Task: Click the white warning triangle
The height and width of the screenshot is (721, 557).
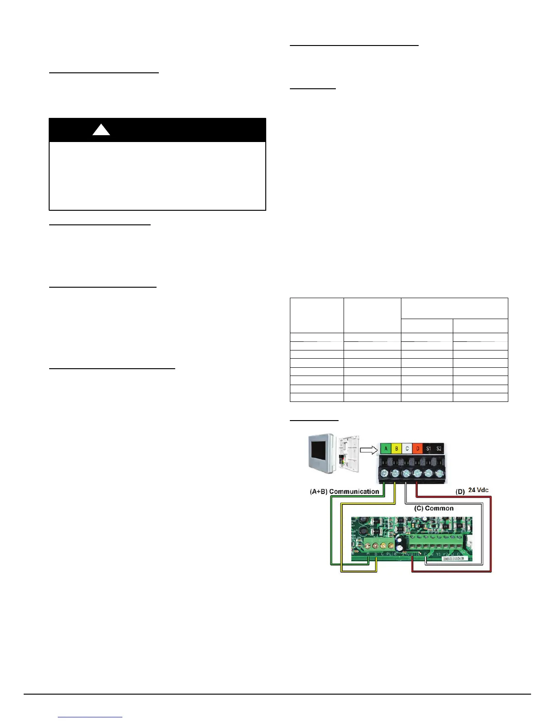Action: tap(101, 130)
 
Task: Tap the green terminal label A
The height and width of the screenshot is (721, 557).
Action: tap(386, 449)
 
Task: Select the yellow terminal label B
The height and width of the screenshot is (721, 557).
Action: tap(396, 449)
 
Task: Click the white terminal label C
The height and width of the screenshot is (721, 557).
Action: tap(407, 449)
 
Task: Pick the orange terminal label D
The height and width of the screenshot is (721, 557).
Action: tap(418, 449)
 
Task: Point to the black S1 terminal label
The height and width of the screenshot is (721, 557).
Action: tap(428, 449)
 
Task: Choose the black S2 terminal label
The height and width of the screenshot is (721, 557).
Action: tap(439, 449)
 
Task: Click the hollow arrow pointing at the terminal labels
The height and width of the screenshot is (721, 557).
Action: tap(368, 450)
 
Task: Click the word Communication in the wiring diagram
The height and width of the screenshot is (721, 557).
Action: tap(354, 492)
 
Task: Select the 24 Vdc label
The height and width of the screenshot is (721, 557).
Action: tap(479, 490)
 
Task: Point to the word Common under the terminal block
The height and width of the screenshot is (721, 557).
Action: tap(439, 508)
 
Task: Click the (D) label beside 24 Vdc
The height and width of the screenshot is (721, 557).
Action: tap(460, 491)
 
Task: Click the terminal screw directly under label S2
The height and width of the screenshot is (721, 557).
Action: tap(439, 473)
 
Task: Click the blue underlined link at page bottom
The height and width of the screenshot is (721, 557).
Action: tap(90, 717)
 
